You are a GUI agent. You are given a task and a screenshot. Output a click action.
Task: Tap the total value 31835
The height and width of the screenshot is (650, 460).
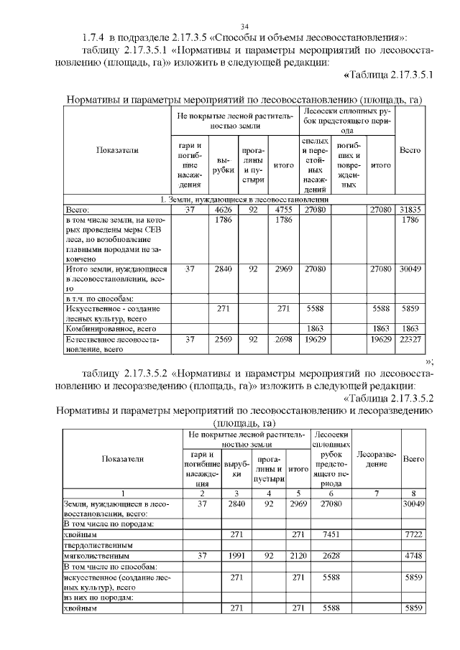tap(410, 209)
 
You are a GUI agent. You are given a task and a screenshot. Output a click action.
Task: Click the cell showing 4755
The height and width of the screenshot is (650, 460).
tap(282, 209)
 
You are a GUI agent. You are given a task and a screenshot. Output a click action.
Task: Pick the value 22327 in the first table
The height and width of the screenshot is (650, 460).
tap(410, 339)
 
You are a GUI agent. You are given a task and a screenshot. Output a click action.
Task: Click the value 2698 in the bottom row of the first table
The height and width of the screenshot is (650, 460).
tap(282, 339)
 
